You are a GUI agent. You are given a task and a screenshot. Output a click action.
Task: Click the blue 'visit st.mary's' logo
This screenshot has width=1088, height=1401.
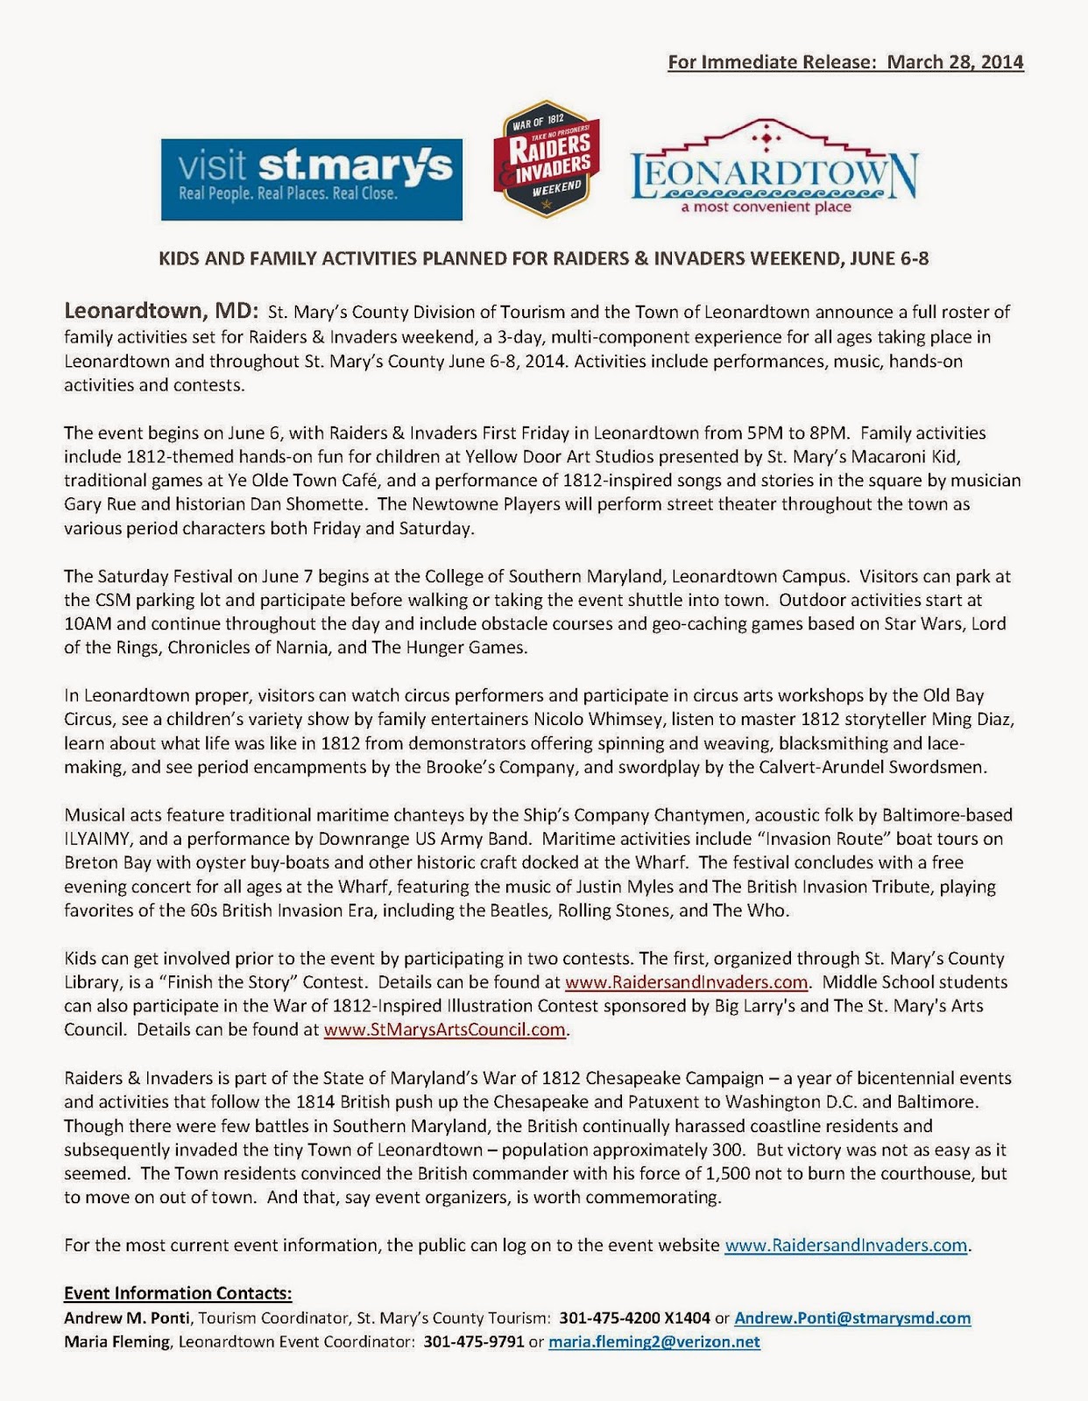pos(311,180)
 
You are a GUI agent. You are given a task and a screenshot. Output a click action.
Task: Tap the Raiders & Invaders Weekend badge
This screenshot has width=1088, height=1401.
pos(547,158)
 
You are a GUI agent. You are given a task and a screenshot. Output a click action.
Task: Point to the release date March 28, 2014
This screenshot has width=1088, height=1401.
pos(955,62)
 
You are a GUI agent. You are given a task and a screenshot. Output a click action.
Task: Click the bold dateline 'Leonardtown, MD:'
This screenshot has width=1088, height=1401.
pos(161,311)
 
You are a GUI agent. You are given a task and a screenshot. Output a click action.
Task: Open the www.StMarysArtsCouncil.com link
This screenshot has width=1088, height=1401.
pos(445,1030)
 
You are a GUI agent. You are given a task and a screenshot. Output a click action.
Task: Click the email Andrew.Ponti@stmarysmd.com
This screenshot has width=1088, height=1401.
pos(851,1318)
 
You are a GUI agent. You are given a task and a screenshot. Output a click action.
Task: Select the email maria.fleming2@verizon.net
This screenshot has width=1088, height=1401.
pos(654,1341)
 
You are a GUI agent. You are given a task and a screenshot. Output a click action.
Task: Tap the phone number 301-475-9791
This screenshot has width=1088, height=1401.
pos(474,1341)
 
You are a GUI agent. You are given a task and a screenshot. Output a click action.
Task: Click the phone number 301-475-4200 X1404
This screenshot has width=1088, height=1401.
pos(634,1318)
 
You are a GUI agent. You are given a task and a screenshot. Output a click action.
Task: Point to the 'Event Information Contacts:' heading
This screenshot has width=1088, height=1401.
pos(178,1293)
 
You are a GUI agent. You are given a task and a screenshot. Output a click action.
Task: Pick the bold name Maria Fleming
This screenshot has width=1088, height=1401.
pos(117,1341)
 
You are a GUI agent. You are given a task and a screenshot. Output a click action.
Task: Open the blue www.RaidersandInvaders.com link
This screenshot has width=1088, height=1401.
pos(845,1245)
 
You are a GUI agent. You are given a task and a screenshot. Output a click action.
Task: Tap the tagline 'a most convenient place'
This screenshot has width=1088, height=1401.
pos(767,208)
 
